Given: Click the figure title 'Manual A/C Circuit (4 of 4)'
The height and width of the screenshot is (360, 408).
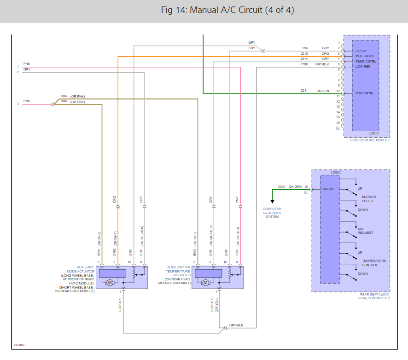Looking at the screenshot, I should (x=227, y=10).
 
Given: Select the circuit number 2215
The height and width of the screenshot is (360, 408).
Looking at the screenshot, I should (x=305, y=53).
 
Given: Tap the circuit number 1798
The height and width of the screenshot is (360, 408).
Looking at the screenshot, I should (x=305, y=64).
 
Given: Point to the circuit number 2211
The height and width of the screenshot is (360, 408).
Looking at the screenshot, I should (x=304, y=91).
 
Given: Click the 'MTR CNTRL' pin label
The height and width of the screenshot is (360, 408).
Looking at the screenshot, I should (x=365, y=93).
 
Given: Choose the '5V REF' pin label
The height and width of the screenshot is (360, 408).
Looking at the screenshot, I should (x=361, y=51).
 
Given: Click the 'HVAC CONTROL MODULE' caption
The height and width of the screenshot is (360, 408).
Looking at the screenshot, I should (x=370, y=140).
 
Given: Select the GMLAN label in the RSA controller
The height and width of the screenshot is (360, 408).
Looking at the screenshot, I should (x=328, y=189).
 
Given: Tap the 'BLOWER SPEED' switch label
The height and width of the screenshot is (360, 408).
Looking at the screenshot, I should (x=368, y=199).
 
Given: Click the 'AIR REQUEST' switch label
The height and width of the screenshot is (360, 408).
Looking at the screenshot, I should (x=365, y=231).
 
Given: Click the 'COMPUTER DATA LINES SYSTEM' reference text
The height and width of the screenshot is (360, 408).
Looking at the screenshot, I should (x=272, y=213).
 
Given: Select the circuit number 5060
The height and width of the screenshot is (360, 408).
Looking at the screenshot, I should (x=281, y=186).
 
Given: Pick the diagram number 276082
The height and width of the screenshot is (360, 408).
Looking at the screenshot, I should (x=19, y=345).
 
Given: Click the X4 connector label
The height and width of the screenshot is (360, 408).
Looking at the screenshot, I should (x=338, y=128).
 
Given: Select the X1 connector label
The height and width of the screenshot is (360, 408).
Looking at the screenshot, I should (x=305, y=192).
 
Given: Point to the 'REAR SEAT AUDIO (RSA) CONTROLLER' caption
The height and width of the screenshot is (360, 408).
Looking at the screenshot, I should (x=374, y=296).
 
